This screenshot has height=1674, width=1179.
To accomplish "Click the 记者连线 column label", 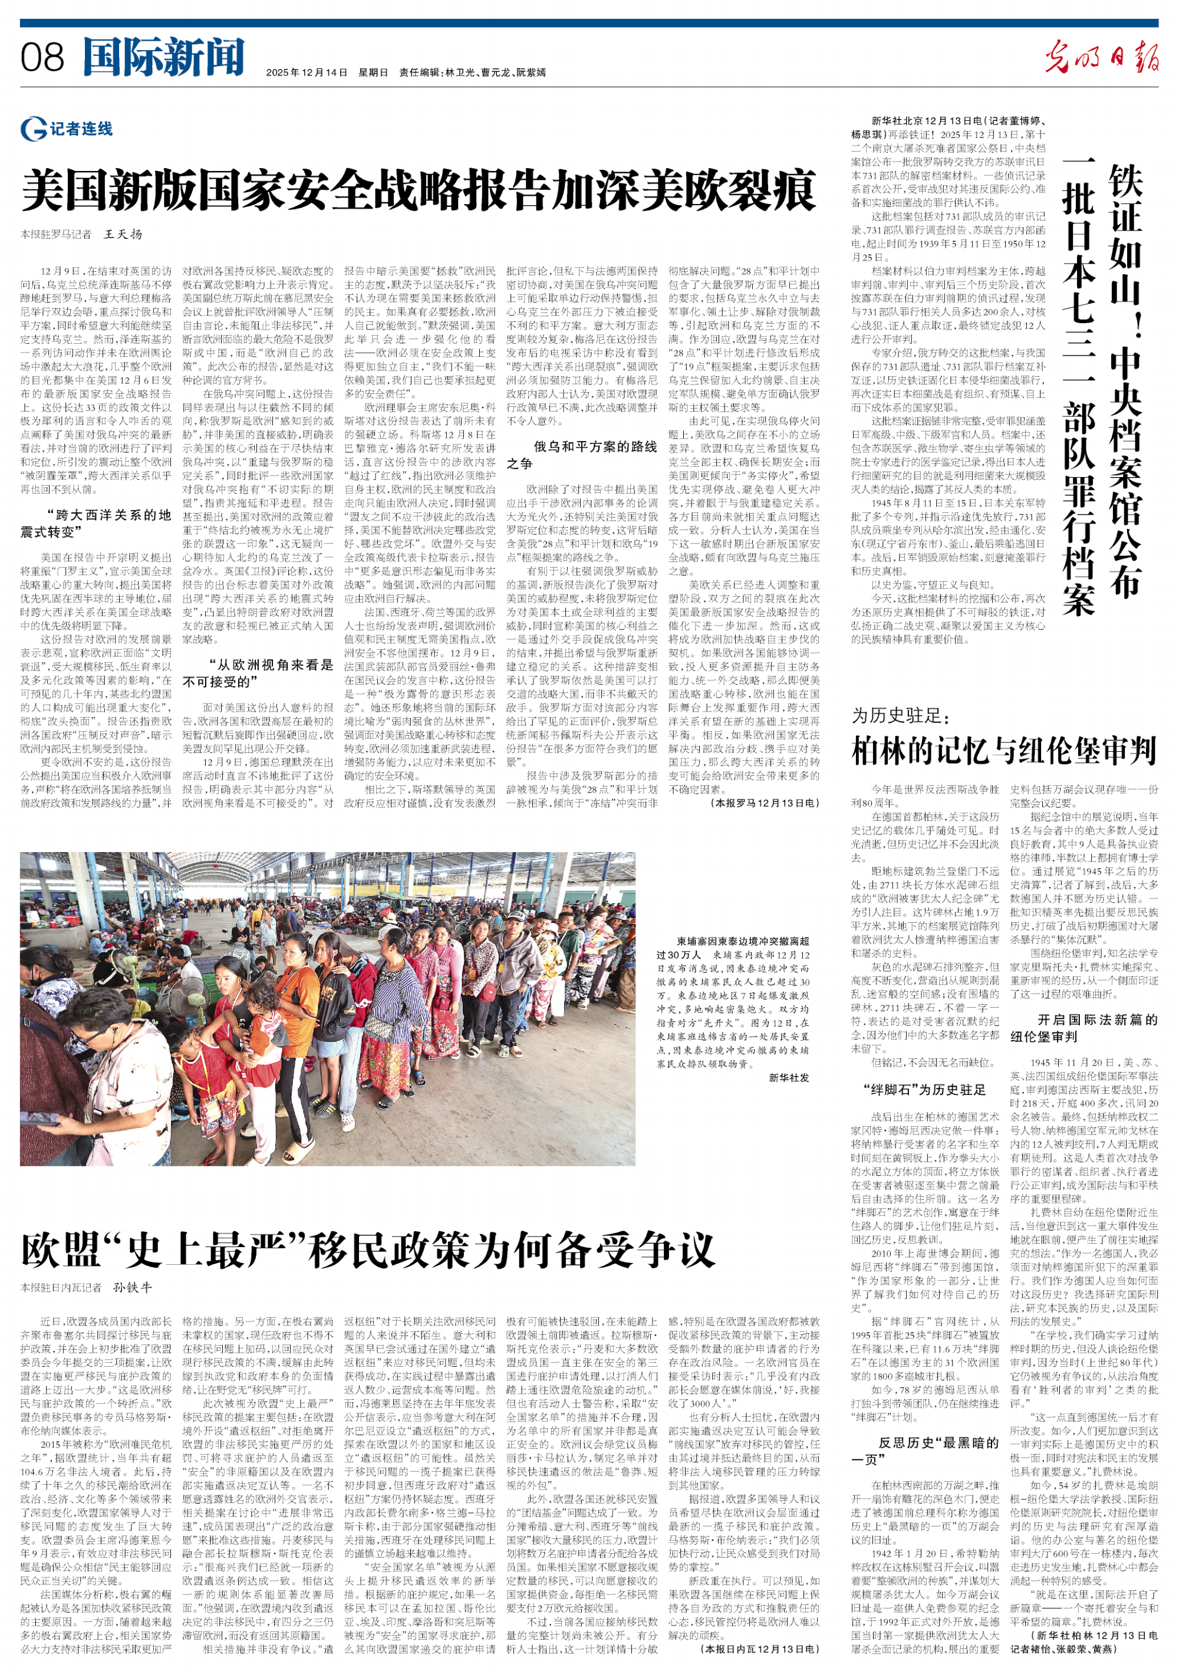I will [x=67, y=129].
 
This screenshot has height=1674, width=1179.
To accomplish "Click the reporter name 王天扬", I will [x=123, y=234].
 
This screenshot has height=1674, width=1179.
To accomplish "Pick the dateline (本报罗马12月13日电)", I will [x=765, y=803].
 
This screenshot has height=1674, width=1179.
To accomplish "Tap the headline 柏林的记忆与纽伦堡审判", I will [x=1004, y=750].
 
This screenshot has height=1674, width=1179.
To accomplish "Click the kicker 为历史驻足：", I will [x=901, y=715].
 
